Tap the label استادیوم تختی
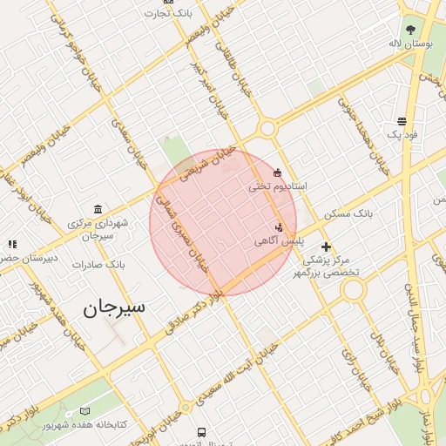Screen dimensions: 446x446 coord(278,186)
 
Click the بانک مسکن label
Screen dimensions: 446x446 coord(348,213)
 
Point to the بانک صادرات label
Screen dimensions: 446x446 coord(99,264)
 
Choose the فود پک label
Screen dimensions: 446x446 coord(402,134)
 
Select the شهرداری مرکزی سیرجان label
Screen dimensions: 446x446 coord(98,229)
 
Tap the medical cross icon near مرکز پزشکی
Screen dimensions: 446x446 coord(326,247)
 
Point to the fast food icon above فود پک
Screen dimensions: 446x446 coord(402,121)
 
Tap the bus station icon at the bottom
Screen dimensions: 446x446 coord(202,432)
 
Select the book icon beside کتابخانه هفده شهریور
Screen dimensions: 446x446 coord(84,410)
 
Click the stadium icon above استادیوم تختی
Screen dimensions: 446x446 coord(278,172)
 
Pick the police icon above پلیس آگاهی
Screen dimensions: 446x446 coord(279,226)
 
